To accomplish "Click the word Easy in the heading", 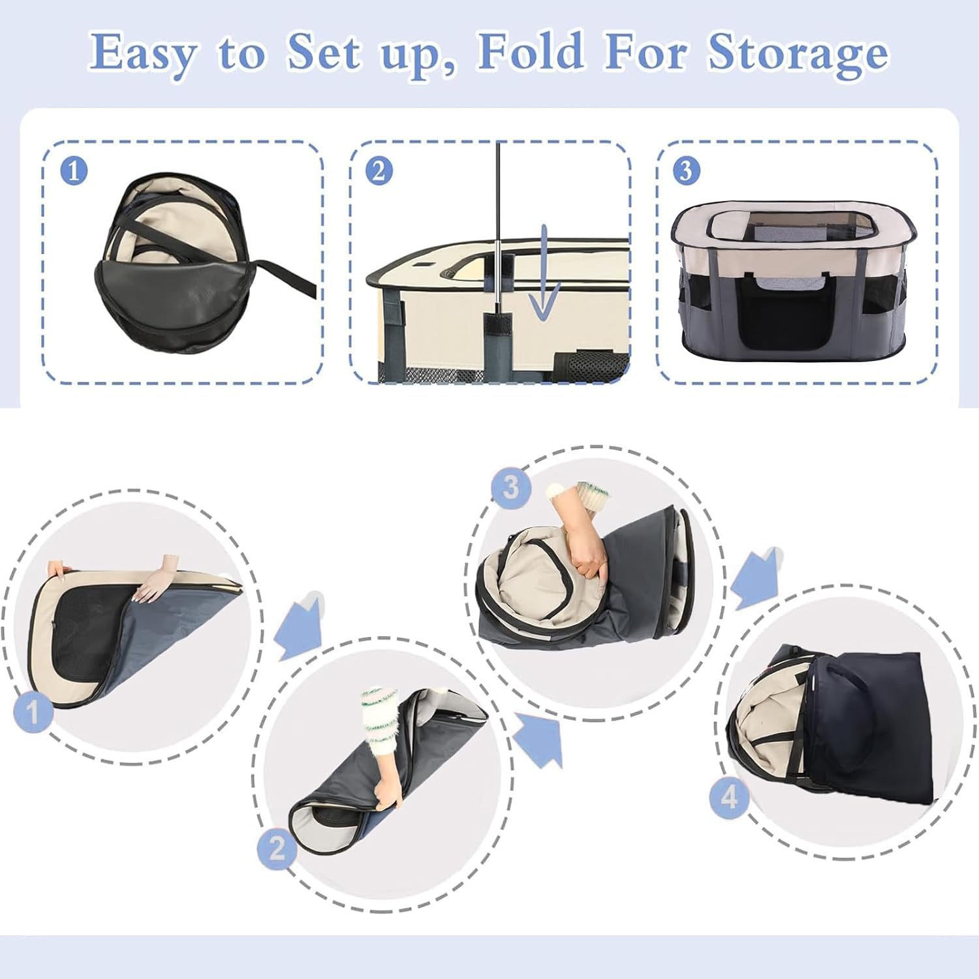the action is pyautogui.click(x=142, y=52).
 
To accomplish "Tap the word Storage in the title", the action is pyautogui.click(x=798, y=52).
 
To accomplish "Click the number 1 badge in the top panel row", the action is pyautogui.click(x=74, y=171).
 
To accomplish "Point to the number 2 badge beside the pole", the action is pyautogui.click(x=379, y=171).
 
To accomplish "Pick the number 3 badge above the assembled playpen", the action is pyautogui.click(x=685, y=171).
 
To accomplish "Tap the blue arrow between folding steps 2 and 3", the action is pyautogui.click(x=539, y=738).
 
